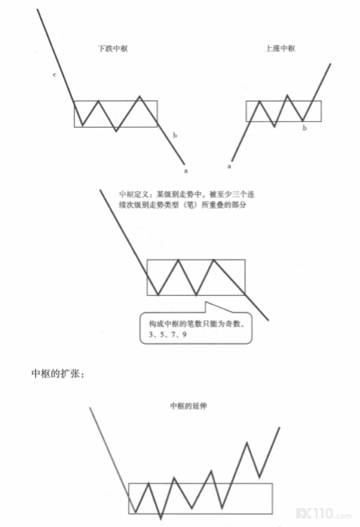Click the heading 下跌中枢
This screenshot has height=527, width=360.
point(113,49)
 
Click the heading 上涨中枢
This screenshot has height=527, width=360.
point(280,49)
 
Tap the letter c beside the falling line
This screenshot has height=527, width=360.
point(54,75)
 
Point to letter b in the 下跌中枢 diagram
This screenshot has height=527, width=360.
point(175,135)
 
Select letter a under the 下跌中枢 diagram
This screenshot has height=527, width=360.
point(186,170)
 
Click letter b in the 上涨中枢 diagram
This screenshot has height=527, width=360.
point(305,128)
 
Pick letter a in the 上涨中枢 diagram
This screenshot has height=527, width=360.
point(230,166)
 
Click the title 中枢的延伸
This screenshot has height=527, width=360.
point(188,406)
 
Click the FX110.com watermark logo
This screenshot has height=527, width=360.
point(323,514)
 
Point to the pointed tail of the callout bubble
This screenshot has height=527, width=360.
point(206,302)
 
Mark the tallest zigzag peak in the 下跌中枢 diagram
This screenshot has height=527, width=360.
point(139,97)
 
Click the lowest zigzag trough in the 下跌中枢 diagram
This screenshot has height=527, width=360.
point(116,131)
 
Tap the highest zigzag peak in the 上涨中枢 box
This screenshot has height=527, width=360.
point(287,95)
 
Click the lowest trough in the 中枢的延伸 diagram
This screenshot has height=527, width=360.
point(161,519)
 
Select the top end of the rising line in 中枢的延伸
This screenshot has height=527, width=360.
point(280,428)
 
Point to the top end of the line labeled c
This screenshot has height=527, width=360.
point(37,9)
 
